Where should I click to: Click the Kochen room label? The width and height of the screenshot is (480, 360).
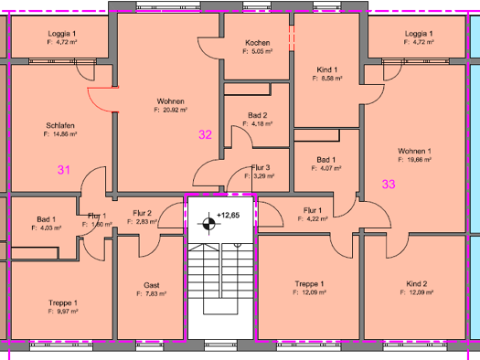point(258,43)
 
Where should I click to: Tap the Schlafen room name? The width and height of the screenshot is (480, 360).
point(59,125)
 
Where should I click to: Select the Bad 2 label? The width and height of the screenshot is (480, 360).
point(258,115)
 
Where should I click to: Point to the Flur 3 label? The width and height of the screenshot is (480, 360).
point(261,167)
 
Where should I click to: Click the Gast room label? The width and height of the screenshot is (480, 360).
point(151,285)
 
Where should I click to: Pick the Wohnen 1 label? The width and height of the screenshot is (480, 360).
point(414,151)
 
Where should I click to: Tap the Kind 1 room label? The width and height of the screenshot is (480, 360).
point(327,70)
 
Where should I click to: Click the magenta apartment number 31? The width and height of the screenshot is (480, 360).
point(63,169)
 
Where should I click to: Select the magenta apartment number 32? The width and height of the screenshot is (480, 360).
point(206,135)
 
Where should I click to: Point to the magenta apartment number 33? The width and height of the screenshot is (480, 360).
point(389,184)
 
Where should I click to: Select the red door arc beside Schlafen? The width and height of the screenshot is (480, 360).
point(102,96)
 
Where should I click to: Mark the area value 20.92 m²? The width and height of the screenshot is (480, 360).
point(171,110)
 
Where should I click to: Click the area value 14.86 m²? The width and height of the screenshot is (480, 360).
point(59,134)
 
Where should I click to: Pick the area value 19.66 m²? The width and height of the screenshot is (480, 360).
point(414,160)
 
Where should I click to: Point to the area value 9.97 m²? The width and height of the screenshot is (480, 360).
point(62,312)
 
